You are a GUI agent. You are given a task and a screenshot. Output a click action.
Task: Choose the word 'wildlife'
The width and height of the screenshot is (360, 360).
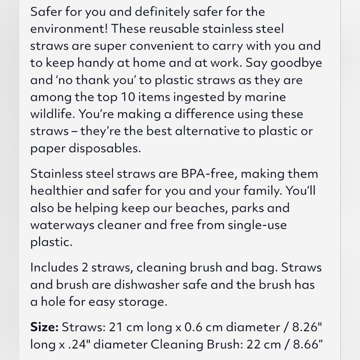tap(52, 114)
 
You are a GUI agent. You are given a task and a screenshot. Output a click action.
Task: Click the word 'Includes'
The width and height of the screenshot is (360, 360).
tap(56, 268)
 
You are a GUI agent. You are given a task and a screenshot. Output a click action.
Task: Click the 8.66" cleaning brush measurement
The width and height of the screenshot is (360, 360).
tap(303, 344)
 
